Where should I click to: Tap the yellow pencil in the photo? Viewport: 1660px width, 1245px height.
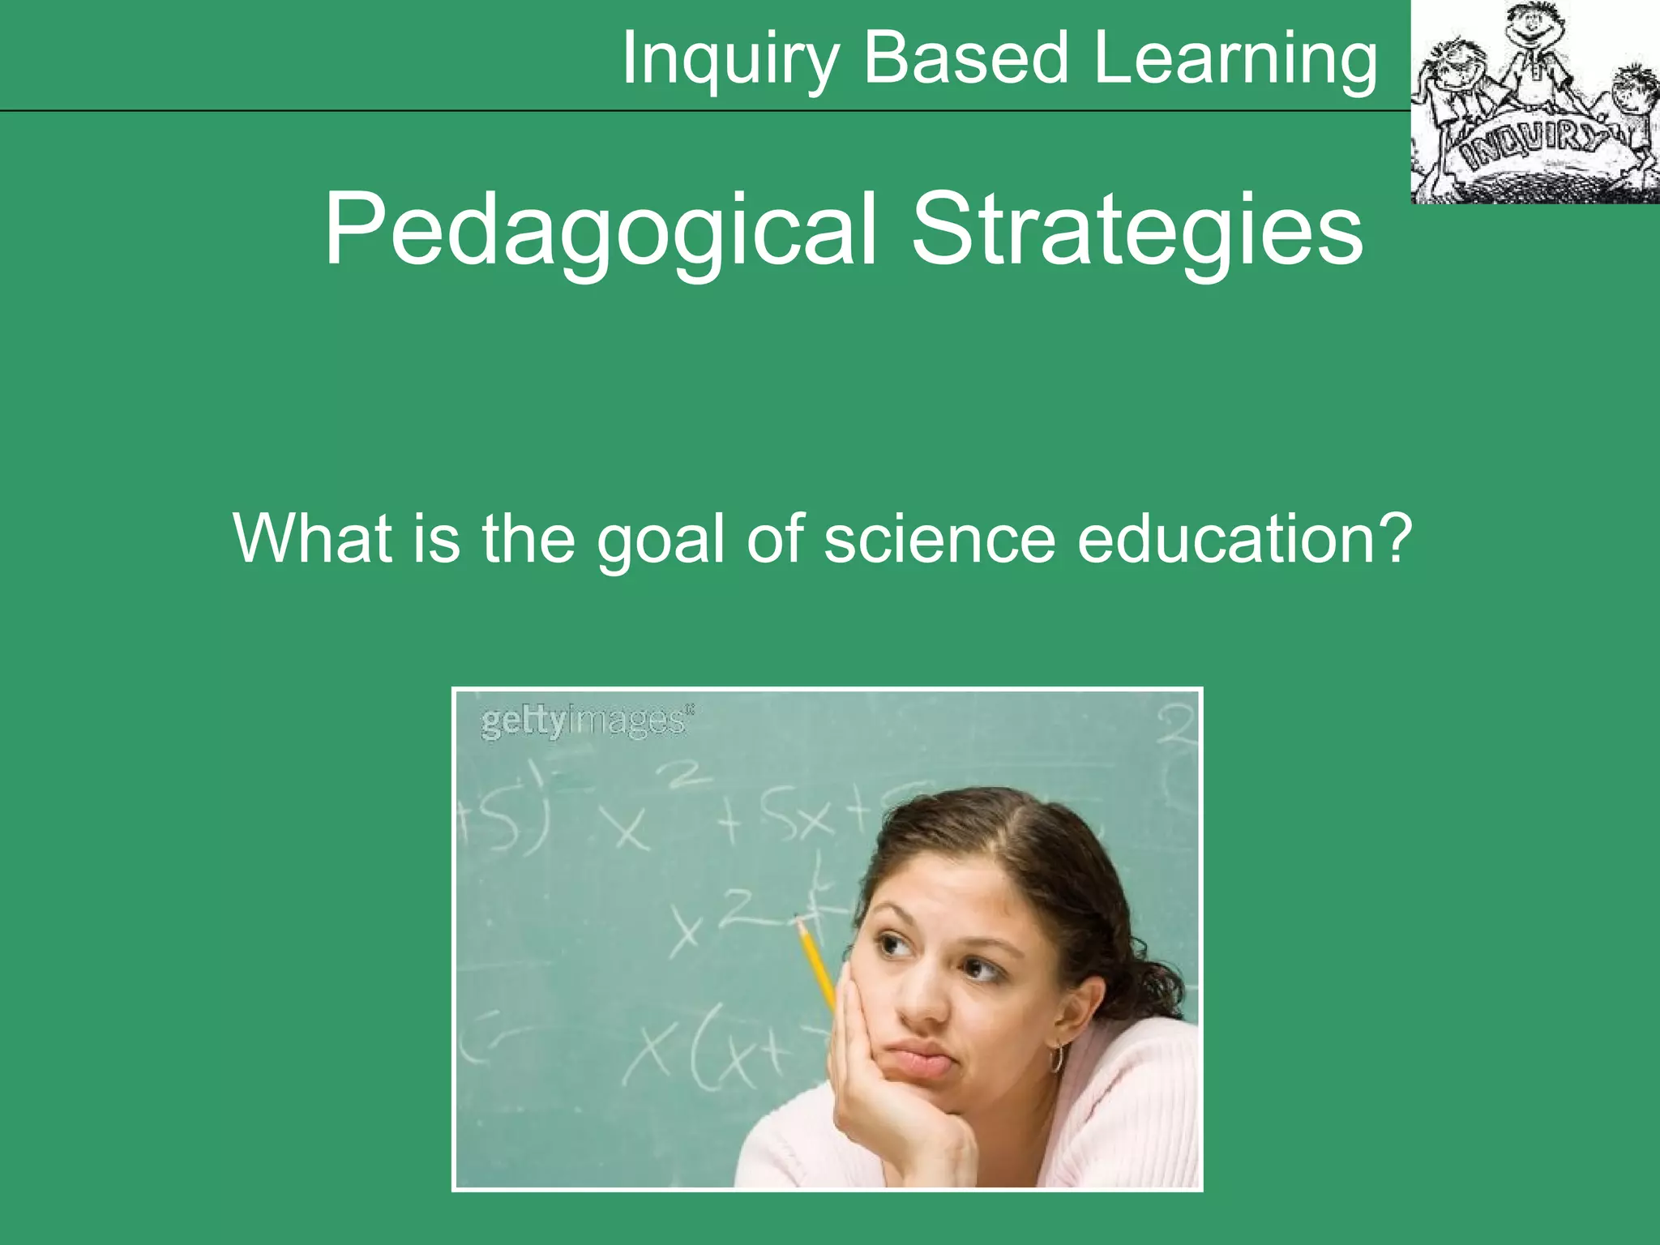[x=817, y=965]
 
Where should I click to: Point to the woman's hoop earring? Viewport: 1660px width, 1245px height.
[x=1056, y=1059]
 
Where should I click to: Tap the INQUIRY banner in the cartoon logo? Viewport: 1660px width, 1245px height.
[x=1529, y=147]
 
